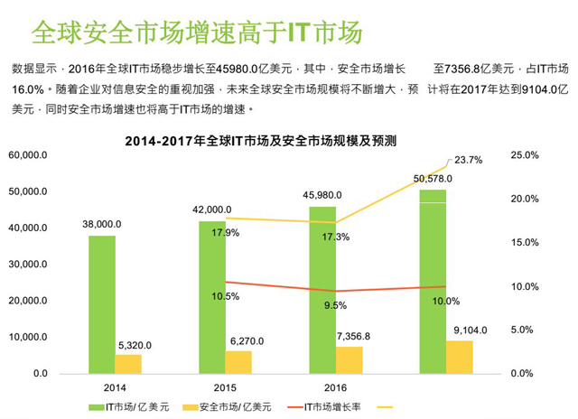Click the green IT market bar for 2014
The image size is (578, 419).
tap(101, 303)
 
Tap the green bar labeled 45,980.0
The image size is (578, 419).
tap(322, 289)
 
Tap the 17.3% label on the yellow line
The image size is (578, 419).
tap(323, 237)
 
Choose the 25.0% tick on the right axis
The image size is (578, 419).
tap(525, 155)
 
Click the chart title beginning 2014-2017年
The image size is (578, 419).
tap(263, 141)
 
